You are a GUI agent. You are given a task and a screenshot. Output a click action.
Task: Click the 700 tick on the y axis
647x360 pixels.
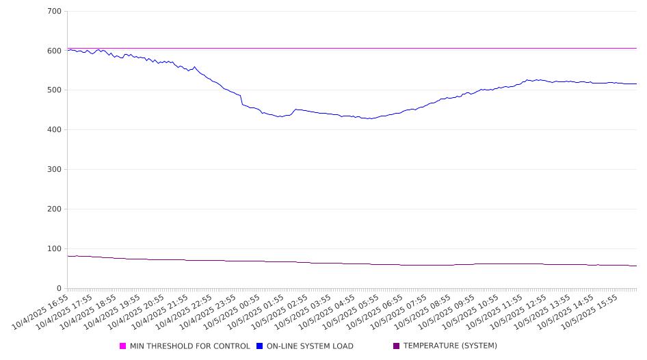55,12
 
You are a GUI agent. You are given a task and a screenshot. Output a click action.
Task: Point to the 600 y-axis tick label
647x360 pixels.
55,51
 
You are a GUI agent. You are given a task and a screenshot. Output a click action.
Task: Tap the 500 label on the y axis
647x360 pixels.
55,90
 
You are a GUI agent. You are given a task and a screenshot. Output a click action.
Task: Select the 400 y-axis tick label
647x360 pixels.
55,130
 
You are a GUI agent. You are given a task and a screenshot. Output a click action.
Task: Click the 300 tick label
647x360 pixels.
55,170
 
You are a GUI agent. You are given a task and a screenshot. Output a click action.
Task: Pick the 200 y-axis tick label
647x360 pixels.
55,209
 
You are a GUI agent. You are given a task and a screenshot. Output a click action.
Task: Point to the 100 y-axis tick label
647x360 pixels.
55,249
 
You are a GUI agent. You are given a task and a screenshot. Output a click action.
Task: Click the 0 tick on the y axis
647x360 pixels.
60,289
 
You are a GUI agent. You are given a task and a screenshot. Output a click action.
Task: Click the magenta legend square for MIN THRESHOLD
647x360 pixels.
123,346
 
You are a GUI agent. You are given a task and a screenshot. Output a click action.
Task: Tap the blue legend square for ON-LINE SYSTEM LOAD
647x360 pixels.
260,346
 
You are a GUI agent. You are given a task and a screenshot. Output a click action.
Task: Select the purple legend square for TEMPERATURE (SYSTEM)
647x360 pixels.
397,346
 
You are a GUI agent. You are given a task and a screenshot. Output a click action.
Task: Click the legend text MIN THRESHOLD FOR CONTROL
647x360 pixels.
190,346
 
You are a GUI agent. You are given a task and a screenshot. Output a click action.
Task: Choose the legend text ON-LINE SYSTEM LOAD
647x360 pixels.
310,346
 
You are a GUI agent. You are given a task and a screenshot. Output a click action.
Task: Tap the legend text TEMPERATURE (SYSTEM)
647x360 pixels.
450,346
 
